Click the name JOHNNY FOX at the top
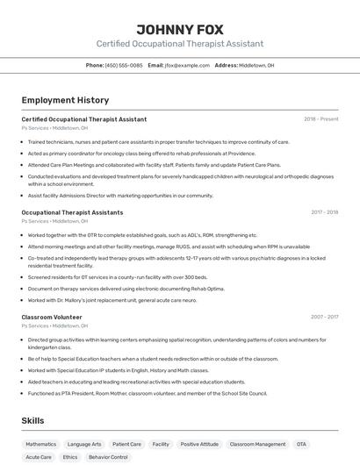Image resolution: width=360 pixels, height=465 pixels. click(179, 27)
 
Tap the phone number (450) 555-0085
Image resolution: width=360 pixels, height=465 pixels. click(124, 65)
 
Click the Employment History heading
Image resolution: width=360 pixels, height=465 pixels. click(65, 100)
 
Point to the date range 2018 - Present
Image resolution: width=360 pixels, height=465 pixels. click(320, 118)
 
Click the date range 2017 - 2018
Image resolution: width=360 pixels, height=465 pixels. click(324, 212)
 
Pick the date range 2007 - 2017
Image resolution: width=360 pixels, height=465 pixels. click(324, 317)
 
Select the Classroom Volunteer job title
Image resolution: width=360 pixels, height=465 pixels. click(52, 317)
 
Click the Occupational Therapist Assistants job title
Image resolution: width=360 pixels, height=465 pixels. click(72, 212)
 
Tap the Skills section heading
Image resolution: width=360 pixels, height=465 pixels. click(33, 421)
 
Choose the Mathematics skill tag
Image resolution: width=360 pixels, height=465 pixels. click(40, 445)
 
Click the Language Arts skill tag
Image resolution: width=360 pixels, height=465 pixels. click(84, 445)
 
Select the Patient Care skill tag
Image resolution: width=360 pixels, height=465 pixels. click(126, 445)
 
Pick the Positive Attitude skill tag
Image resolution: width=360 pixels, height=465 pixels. click(199, 445)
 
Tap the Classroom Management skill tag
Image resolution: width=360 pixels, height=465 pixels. click(257, 445)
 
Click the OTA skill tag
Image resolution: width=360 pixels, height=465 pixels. click(301, 445)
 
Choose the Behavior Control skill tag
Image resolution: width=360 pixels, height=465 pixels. click(108, 457)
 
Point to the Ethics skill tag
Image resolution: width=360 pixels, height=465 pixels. click(70, 457)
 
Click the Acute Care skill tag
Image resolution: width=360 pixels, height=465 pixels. click(39, 457)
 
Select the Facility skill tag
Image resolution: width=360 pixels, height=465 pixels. click(161, 445)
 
